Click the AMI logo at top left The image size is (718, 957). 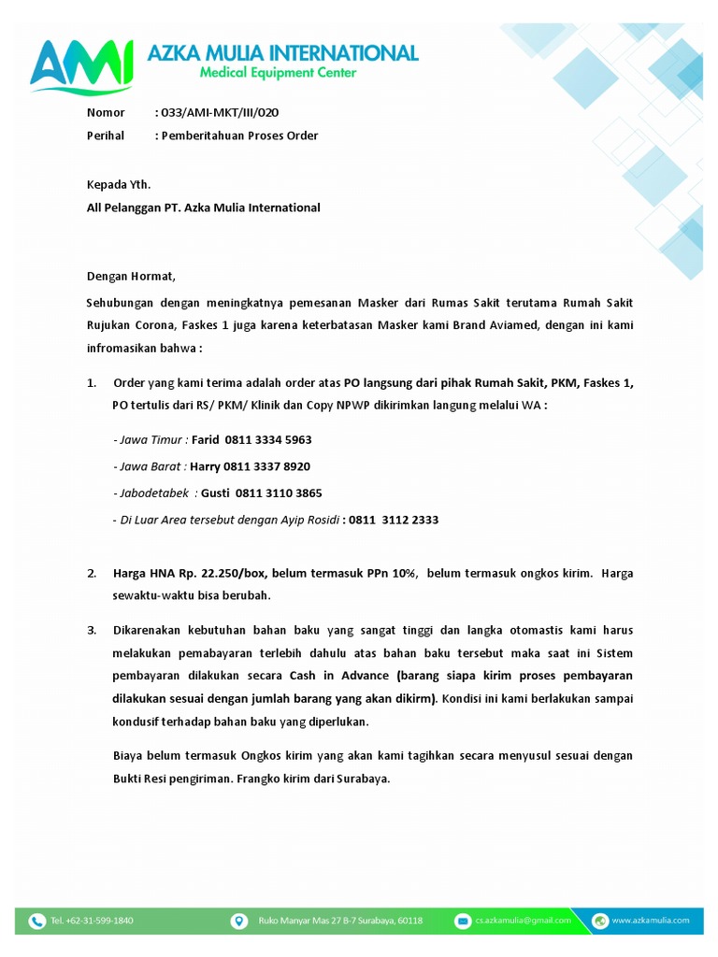pos(80,65)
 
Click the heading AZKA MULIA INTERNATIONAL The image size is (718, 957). pos(282,52)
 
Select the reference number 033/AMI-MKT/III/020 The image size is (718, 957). pos(219,112)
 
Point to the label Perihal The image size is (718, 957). pos(106,136)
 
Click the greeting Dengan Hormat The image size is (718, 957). pos(131,277)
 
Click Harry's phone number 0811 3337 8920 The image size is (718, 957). pos(267,466)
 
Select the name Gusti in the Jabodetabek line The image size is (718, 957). pos(215,493)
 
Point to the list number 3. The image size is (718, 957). pos(92,630)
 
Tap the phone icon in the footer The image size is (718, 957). pos(37,921)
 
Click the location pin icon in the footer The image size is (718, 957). pos(238,921)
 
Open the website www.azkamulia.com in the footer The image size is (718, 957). pos(651,921)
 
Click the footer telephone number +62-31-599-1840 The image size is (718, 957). pos(92,921)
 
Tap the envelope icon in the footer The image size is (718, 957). pos(462,921)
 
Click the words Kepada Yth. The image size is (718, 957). pos(119,184)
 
